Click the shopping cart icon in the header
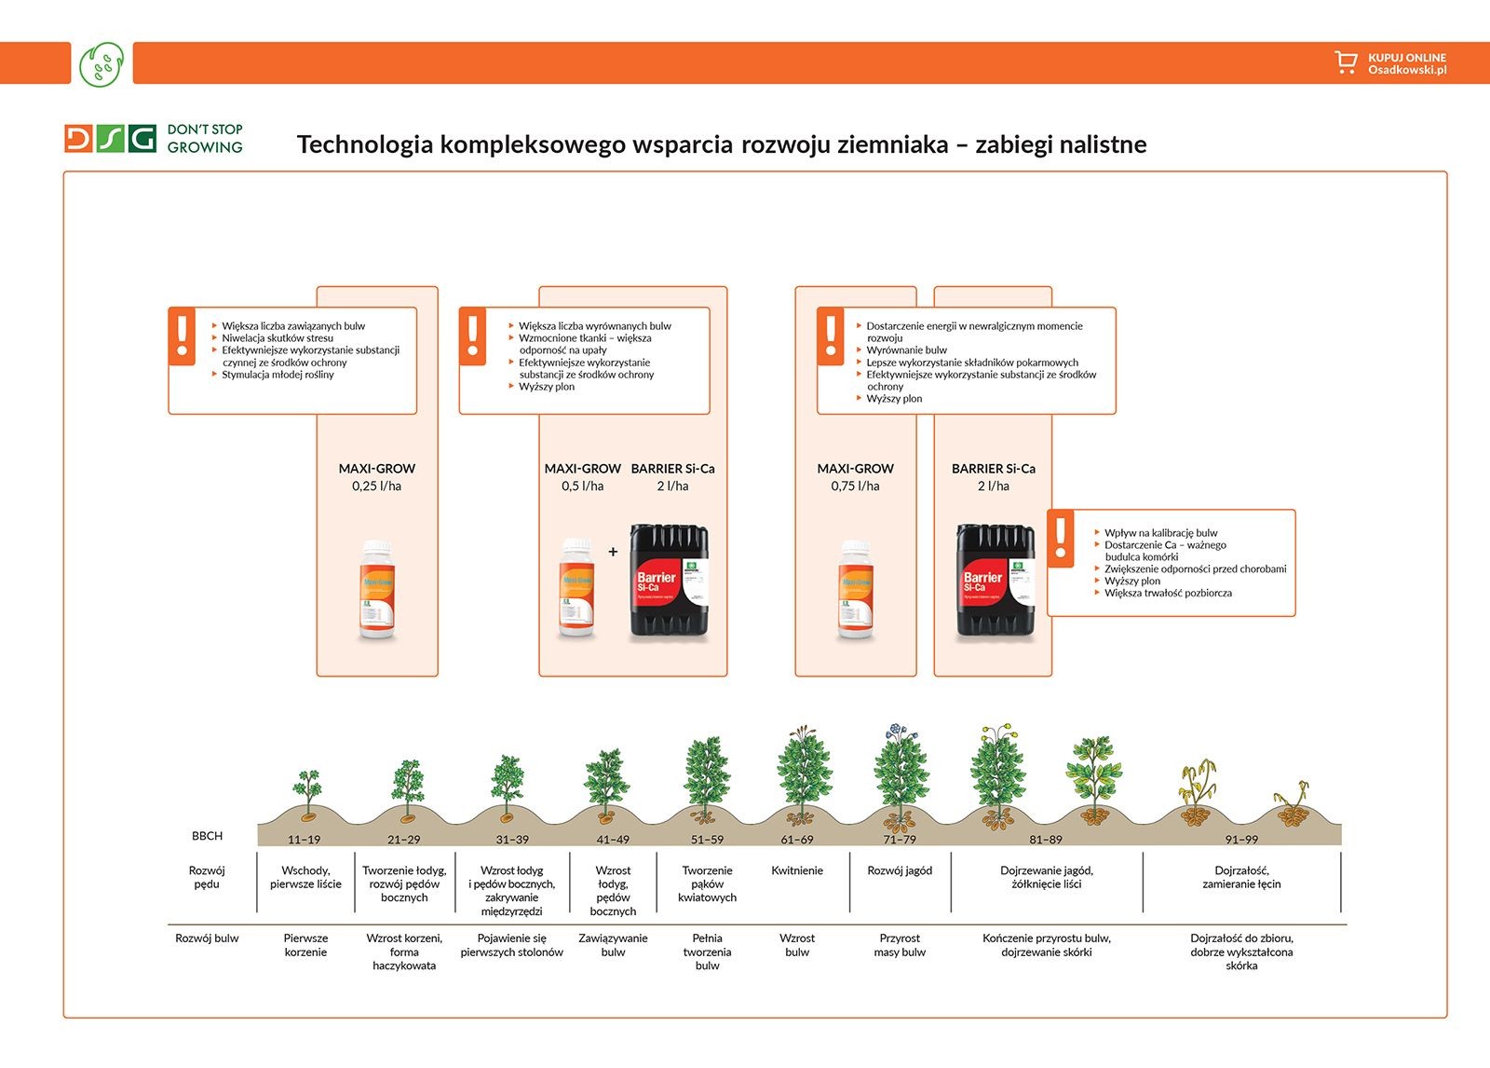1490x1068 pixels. [1345, 62]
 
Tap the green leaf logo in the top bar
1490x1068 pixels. [102, 63]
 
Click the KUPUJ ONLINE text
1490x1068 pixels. [1406, 58]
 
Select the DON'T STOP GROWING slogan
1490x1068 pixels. [205, 138]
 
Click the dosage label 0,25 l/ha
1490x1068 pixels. [376, 486]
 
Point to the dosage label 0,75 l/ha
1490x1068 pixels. [855, 486]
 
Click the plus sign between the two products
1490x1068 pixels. [613, 552]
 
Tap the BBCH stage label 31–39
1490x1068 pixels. [511, 840]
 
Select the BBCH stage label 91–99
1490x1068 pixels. [1240, 840]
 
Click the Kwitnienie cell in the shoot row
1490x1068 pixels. [797, 870]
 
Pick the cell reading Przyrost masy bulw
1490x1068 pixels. [900, 945]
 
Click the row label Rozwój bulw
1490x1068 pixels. [207, 938]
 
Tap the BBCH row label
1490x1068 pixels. [207, 836]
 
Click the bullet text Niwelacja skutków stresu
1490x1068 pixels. [278, 338]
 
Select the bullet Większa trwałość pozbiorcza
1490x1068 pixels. [1168, 593]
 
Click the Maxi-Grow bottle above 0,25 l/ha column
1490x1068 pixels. [377, 590]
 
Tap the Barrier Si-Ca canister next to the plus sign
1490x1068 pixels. [669, 581]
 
